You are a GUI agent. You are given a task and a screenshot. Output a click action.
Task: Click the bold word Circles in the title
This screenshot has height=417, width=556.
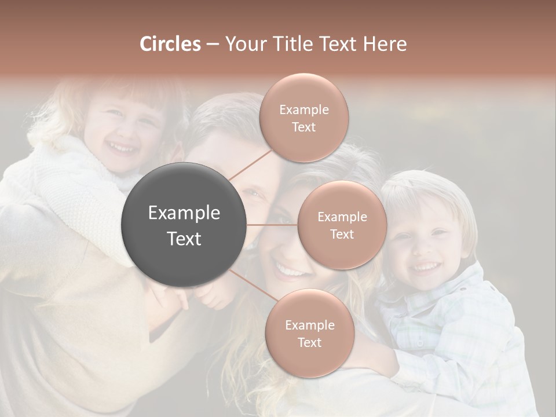(x=170, y=44)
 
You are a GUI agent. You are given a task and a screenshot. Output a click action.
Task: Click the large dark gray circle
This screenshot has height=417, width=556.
(x=184, y=225)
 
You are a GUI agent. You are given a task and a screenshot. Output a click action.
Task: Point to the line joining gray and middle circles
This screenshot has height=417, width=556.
(x=272, y=225)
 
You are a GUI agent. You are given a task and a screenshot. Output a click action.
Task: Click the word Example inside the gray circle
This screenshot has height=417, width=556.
(x=184, y=213)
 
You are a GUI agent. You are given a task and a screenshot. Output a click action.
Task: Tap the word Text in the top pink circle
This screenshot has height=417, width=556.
(x=304, y=127)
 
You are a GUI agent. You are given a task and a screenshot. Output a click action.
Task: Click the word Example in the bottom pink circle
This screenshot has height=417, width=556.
(x=309, y=325)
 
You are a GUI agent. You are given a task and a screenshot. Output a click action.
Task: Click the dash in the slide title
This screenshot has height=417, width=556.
(x=212, y=45)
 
